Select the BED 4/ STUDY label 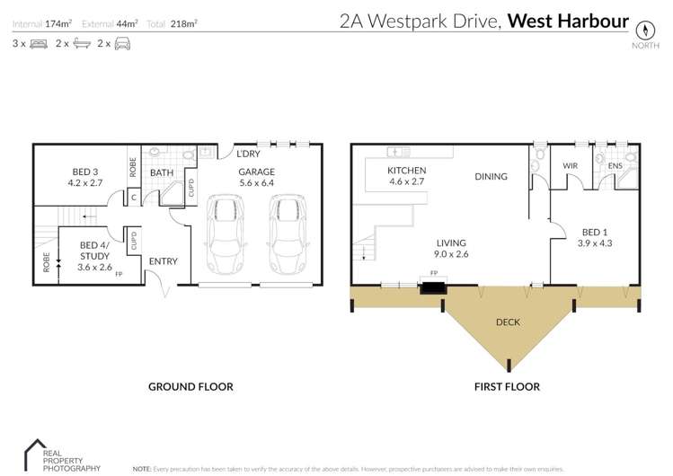click(95, 251)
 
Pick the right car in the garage click(288, 236)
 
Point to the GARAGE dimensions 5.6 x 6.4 click(256, 184)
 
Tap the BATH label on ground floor click(162, 172)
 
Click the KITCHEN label click(406, 171)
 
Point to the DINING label click(491, 177)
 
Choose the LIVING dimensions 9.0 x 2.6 click(450, 255)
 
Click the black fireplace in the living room click(434, 287)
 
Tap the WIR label click(570, 166)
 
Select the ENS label click(615, 166)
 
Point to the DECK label click(508, 322)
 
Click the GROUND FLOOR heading click(190, 387)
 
